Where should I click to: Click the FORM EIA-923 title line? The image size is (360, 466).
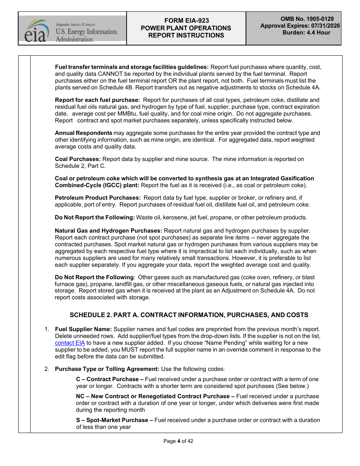186,21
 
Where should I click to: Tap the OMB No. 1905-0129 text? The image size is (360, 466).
307,19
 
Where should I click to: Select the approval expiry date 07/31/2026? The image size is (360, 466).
325,26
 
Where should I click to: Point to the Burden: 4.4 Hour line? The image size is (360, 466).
306,33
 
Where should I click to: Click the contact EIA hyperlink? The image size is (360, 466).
70,343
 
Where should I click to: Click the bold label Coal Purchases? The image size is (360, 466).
78,159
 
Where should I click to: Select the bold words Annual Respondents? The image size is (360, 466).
83,133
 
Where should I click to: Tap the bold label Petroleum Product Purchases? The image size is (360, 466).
98,198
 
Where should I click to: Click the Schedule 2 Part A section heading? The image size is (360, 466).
189,315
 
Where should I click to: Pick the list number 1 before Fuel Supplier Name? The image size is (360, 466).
46,329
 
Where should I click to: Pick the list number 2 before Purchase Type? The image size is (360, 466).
46,369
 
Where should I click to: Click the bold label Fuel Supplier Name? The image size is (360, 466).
83,329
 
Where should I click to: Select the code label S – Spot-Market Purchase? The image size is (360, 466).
114,420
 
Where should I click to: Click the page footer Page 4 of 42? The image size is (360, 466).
178,441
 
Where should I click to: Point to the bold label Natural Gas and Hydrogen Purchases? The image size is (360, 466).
108,231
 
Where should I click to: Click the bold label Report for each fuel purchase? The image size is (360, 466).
97,100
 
